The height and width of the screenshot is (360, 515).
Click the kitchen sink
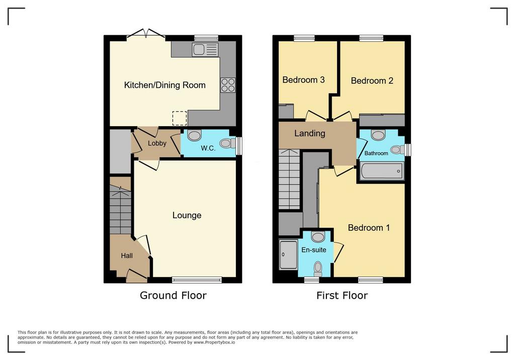point(205,50)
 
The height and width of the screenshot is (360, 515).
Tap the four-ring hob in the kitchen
point(228,85)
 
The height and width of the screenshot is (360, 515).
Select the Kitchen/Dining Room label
point(165,85)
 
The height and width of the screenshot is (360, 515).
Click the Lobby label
point(157,143)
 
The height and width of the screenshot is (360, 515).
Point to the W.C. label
point(208,148)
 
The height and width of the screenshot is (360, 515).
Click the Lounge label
point(187,215)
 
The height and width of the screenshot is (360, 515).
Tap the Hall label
point(127,255)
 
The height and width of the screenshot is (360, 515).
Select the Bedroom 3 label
point(303,80)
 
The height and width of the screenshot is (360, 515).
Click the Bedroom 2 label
point(372,81)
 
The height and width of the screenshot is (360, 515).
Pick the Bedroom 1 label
point(369,228)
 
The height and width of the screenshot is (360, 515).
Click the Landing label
point(310,133)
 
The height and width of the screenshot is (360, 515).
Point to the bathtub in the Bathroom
point(382,171)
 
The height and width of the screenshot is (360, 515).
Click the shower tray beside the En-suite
point(288,254)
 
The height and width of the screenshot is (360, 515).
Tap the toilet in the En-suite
point(318,269)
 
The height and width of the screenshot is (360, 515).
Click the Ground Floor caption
point(173,295)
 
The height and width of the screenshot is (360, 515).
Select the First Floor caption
point(342,295)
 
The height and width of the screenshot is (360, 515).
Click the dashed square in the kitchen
point(180,118)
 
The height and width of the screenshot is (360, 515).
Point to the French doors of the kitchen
point(146,34)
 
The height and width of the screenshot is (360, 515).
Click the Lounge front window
point(197,280)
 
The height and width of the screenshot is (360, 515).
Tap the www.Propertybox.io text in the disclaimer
point(214,342)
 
